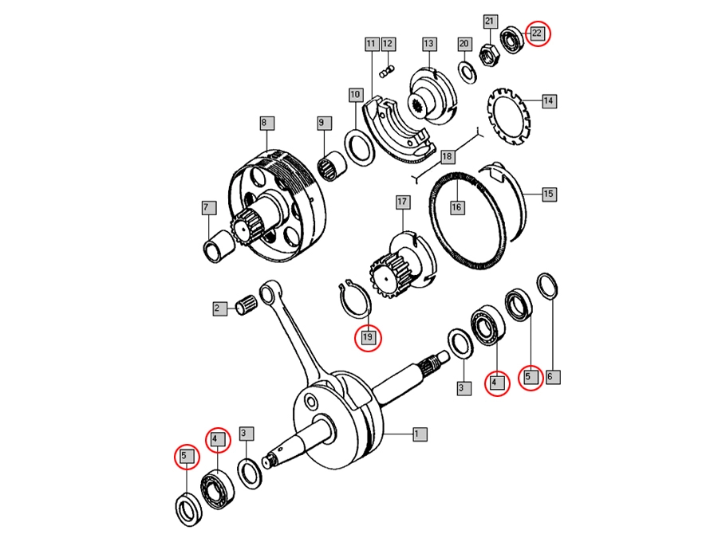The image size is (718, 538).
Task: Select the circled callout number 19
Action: pos(368,337)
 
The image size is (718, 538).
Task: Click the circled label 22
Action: pos(537,33)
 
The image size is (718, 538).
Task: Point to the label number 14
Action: pos(548,101)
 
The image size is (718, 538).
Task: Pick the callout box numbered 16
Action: pos(456,207)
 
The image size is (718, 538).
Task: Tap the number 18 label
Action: pos(447,156)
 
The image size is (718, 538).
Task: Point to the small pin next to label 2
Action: pos(247,306)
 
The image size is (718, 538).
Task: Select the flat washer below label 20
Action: pos(466,71)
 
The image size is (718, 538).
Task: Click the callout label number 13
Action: pos(428,43)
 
